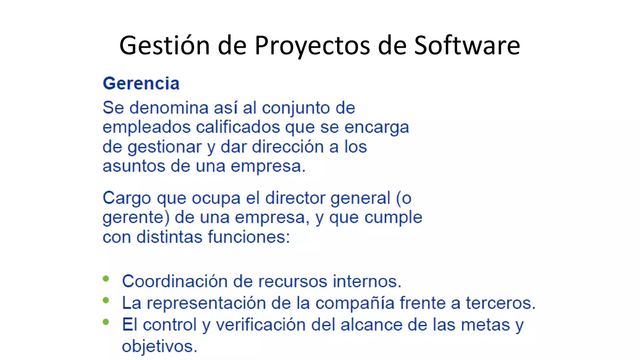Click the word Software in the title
tap(467, 45)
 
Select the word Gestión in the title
tap(164, 45)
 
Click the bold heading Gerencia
tap(141, 84)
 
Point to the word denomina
tap(169, 108)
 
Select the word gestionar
tap(164, 147)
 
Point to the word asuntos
tap(134, 166)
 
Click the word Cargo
tap(127, 198)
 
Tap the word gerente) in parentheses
tap(136, 218)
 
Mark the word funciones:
tap(249, 237)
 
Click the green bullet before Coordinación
tap(106, 279)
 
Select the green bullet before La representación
tap(106, 300)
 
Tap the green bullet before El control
tap(106, 322)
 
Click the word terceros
tap(501, 303)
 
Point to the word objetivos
tap(159, 347)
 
